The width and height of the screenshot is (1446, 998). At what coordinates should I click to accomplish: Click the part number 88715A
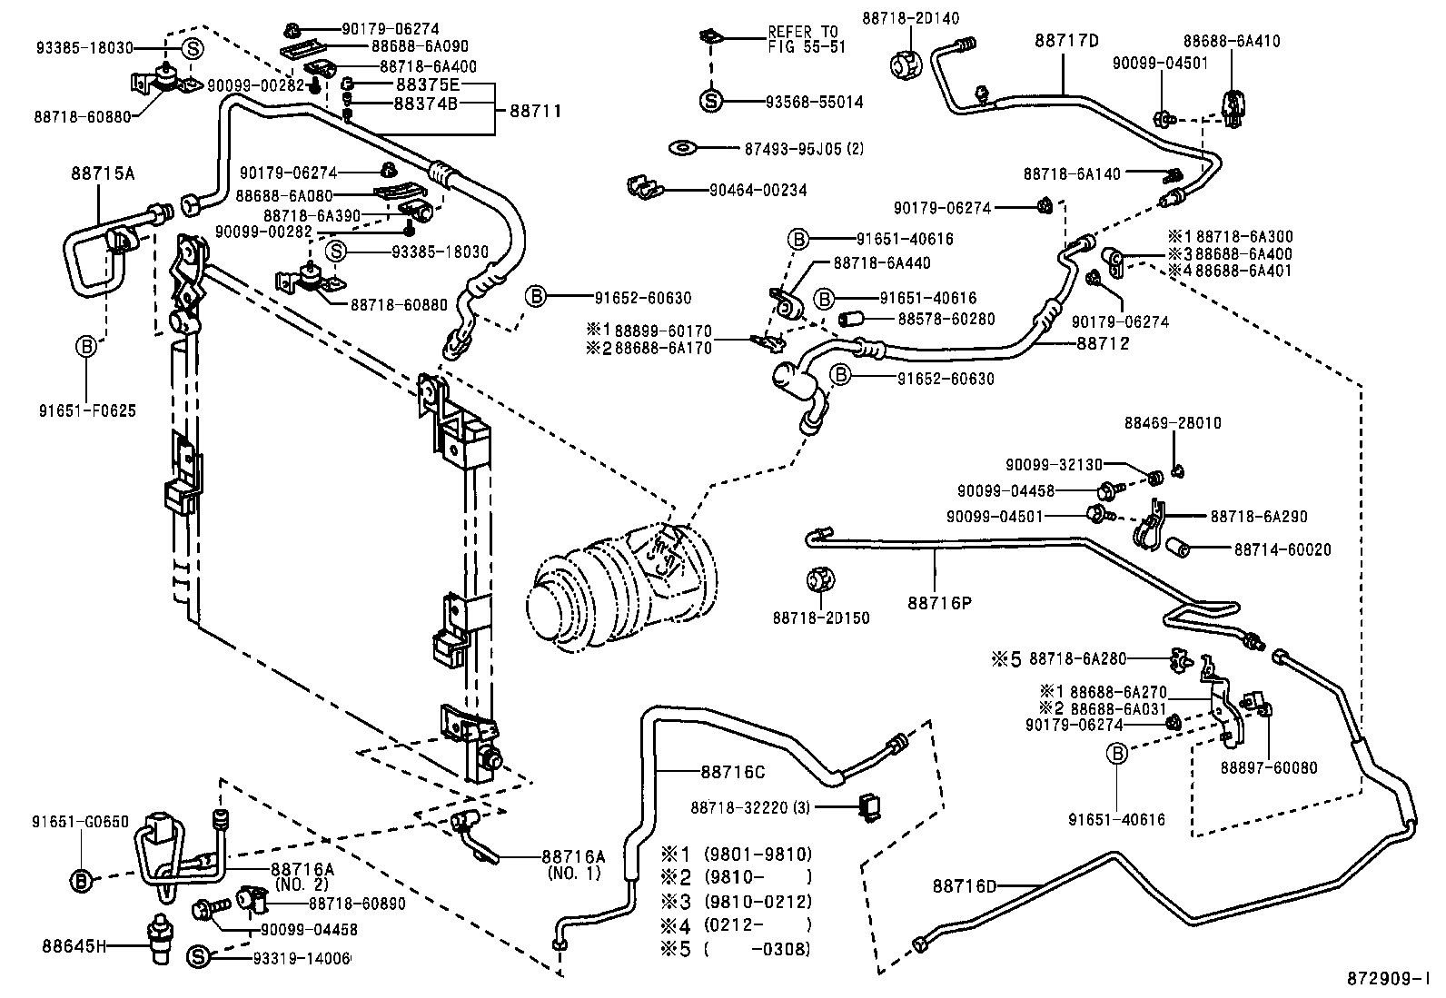(x=103, y=172)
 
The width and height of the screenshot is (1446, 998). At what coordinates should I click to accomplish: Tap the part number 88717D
(x=1066, y=40)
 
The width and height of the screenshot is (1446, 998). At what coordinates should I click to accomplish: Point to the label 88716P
(x=938, y=602)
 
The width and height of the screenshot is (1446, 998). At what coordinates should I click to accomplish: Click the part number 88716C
(x=732, y=772)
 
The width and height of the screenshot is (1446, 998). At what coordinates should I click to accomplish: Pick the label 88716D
(x=964, y=884)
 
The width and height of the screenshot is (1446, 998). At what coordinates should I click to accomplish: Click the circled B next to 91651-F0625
(x=86, y=346)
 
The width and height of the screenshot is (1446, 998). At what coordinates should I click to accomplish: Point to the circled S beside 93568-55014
(x=710, y=102)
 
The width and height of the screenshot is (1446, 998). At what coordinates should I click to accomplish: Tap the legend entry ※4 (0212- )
(x=735, y=925)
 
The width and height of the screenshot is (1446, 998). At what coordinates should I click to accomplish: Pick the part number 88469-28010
(x=1172, y=423)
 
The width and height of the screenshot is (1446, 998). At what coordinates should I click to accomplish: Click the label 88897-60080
(x=1268, y=768)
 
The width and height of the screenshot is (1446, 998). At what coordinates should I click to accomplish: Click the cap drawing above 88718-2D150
(x=821, y=579)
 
